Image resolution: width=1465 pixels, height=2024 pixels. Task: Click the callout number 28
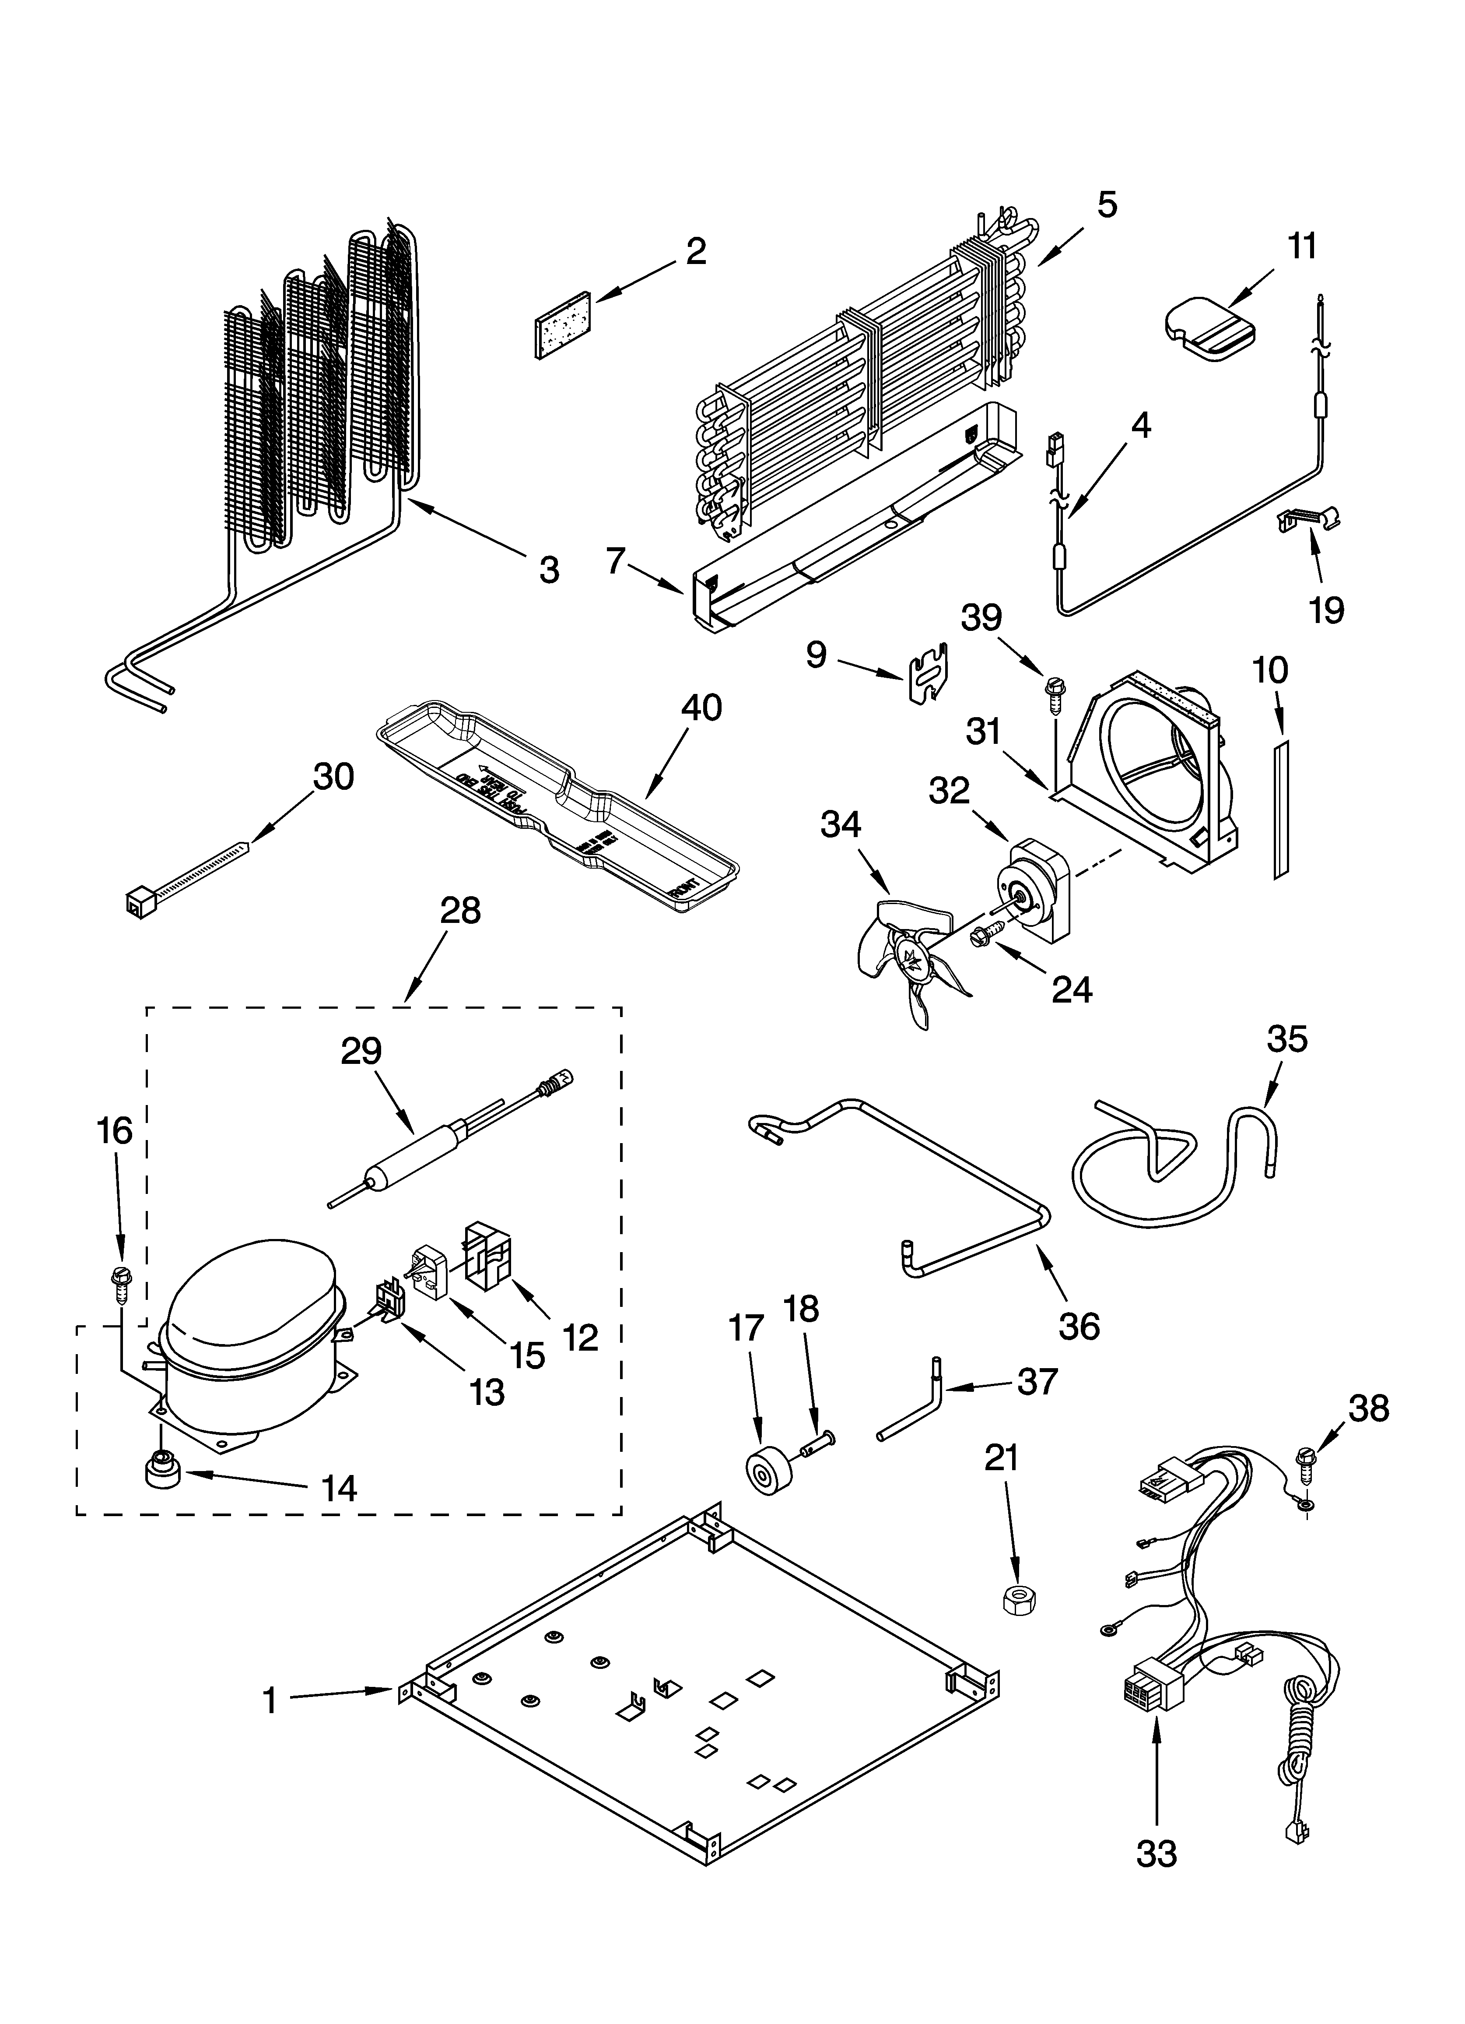460,911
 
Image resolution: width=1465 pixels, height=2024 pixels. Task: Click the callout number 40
701,708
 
